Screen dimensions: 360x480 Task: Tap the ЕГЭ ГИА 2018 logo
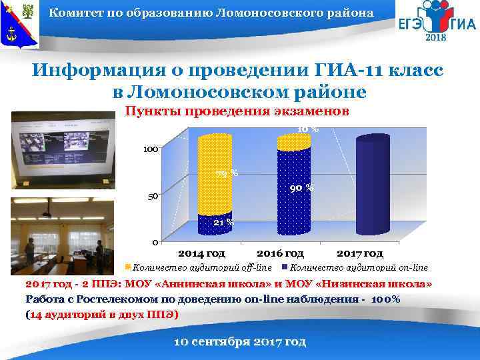click(x=437, y=25)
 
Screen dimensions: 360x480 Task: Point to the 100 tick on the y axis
click(x=149, y=149)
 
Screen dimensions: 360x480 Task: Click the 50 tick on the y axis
click(x=153, y=197)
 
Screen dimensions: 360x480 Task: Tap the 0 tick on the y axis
click(x=155, y=241)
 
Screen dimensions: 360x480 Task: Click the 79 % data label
click(x=226, y=175)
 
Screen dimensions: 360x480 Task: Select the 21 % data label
click(x=223, y=222)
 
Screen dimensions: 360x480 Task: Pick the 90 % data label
click(x=301, y=189)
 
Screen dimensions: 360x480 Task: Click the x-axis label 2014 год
click(x=203, y=253)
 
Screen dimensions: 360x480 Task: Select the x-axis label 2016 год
click(x=280, y=253)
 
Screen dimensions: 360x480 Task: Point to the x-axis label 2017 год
click(x=359, y=253)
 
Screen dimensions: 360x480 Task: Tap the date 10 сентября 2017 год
click(x=239, y=341)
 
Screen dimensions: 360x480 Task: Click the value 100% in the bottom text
click(x=384, y=299)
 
